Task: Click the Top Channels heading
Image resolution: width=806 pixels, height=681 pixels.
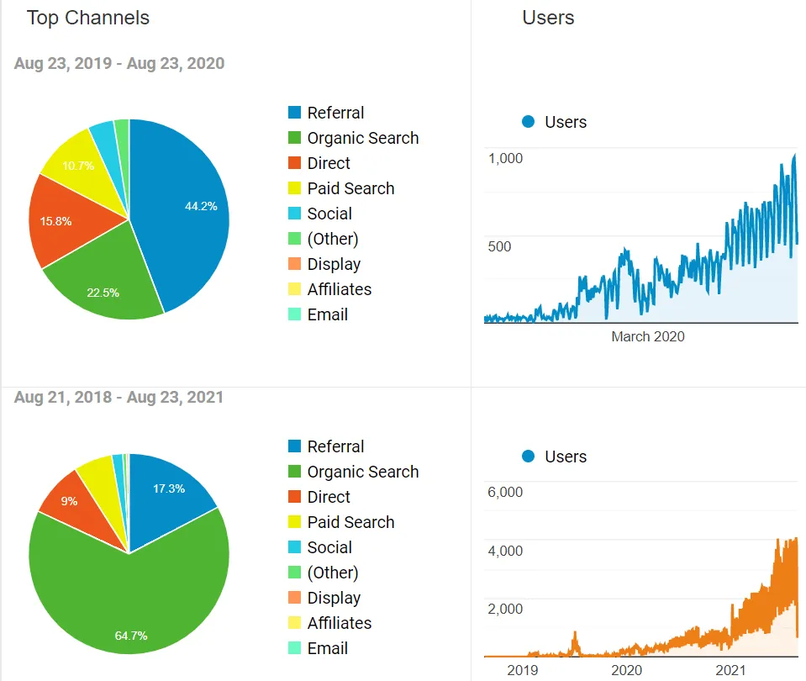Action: click(88, 18)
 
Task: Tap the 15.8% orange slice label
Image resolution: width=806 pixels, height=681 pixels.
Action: click(55, 222)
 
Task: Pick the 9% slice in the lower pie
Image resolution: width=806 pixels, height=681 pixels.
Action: click(69, 501)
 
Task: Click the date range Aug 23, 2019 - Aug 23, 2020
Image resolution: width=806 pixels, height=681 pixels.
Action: click(119, 63)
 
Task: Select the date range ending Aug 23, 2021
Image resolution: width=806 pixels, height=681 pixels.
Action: click(119, 397)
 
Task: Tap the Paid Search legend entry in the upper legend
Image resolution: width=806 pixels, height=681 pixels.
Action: click(350, 188)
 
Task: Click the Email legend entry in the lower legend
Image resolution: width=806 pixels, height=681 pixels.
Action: click(327, 648)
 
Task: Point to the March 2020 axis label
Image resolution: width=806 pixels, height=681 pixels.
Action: click(647, 336)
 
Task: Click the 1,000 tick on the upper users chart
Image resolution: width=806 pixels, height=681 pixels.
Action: click(505, 158)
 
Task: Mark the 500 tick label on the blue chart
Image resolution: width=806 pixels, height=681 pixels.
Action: click(499, 246)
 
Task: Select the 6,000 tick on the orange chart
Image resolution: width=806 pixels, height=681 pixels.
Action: click(505, 492)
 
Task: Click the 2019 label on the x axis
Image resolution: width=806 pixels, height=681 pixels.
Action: click(522, 670)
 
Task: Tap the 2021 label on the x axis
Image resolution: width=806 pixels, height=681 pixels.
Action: click(730, 670)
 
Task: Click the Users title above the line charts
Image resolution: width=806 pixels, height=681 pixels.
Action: click(548, 18)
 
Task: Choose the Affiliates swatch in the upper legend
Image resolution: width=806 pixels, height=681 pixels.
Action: click(294, 289)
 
